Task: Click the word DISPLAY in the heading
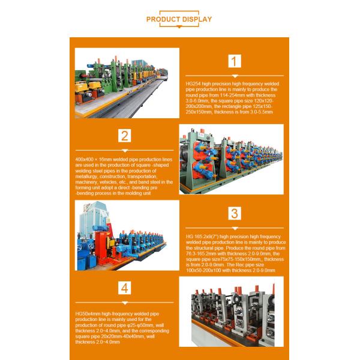(198, 19)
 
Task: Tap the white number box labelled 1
(235, 61)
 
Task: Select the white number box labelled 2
(125, 135)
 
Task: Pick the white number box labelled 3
(235, 214)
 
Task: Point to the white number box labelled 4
(125, 289)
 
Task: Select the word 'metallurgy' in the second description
(85, 176)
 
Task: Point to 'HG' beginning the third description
(188, 236)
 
